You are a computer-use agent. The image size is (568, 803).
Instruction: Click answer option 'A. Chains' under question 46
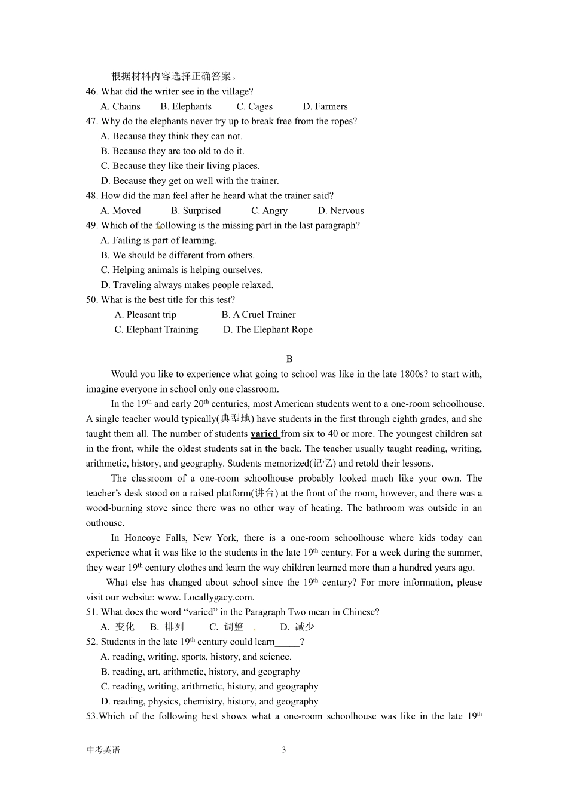[x=120, y=106]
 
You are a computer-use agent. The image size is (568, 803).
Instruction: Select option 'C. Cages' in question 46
[x=254, y=106]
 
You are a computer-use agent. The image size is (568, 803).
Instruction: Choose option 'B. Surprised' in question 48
[x=196, y=210]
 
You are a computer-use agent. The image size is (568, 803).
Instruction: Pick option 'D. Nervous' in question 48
[x=341, y=210]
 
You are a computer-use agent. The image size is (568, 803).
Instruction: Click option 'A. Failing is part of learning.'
[x=158, y=240]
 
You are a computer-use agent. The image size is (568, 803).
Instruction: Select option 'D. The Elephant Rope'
[x=268, y=329]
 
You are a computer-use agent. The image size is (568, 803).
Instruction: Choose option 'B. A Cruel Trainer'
[x=258, y=314]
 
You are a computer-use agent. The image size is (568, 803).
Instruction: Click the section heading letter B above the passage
[x=289, y=359]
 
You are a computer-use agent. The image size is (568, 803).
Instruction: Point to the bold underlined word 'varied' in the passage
[x=264, y=434]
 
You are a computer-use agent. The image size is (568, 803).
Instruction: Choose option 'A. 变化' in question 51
[x=118, y=627]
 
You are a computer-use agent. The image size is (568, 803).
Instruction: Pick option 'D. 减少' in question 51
[x=297, y=627]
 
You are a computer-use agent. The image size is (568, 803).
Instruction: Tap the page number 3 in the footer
[x=284, y=750]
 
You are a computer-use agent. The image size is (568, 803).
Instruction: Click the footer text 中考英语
[x=103, y=750]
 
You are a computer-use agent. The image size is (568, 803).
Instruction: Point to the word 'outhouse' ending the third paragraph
[x=105, y=523]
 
